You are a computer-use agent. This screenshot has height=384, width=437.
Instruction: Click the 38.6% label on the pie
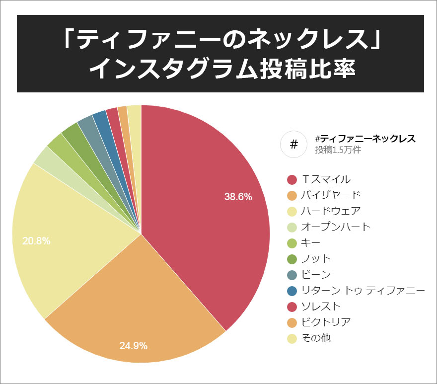[238, 197]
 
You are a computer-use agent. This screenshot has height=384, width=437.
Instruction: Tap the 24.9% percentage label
[133, 346]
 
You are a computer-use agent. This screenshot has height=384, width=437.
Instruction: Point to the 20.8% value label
[36, 241]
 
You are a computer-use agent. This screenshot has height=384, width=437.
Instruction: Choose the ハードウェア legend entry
[330, 211]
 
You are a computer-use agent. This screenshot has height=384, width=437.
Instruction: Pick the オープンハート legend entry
[336, 227]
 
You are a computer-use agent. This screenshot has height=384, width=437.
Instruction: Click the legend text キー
[311, 242]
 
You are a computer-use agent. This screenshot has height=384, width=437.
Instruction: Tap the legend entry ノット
[316, 258]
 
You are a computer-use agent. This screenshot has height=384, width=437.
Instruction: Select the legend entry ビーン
[316, 274]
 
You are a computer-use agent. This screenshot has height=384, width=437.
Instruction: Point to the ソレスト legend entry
[321, 306]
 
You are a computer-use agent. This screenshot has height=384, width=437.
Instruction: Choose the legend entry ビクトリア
[326, 322]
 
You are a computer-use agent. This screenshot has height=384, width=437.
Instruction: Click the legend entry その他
[316, 338]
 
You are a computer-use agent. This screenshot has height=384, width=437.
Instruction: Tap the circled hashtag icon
[293, 145]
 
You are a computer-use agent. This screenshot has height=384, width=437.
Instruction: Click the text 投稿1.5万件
[338, 150]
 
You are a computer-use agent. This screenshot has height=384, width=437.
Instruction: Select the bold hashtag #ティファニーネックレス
[365, 139]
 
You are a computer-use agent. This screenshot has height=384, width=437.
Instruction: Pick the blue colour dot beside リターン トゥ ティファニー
[292, 290]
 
